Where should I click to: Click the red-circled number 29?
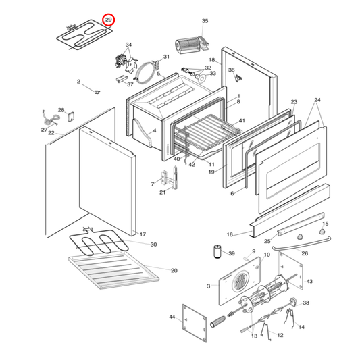(x=109, y=20)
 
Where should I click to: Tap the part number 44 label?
(x=172, y=317)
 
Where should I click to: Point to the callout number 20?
(x=174, y=270)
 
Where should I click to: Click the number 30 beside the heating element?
(x=153, y=244)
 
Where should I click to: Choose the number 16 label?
(x=229, y=234)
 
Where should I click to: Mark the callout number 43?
(x=309, y=281)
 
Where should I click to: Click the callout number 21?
(x=162, y=193)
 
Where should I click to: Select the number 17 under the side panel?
(x=142, y=234)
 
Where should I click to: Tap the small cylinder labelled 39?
(x=218, y=253)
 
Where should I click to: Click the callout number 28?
(x=61, y=110)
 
